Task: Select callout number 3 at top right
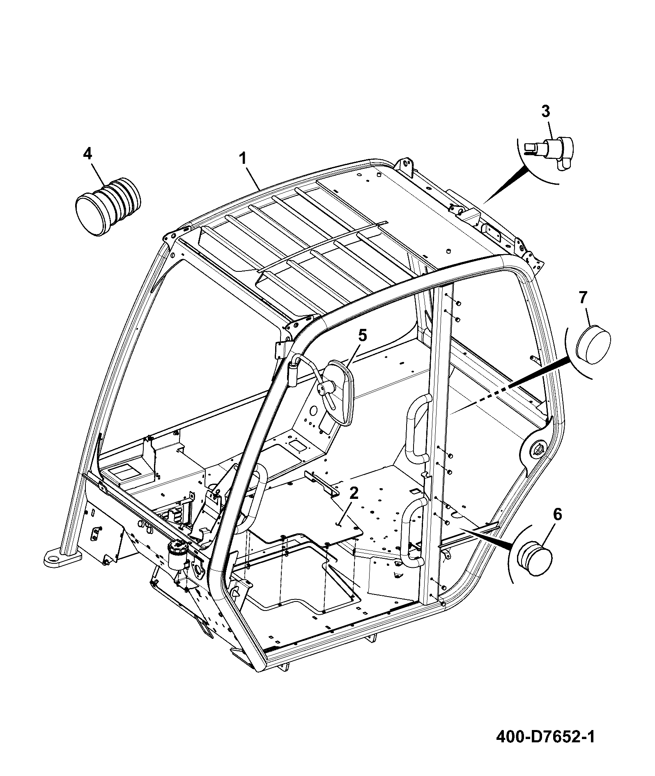coord(545,111)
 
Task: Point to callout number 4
coord(87,154)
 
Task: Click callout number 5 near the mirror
coord(362,335)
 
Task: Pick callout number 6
coord(558,514)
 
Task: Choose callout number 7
coord(583,298)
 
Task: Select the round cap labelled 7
coord(593,344)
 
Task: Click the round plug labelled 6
coord(534,558)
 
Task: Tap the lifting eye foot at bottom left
coord(62,558)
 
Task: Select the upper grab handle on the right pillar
coord(417,429)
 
